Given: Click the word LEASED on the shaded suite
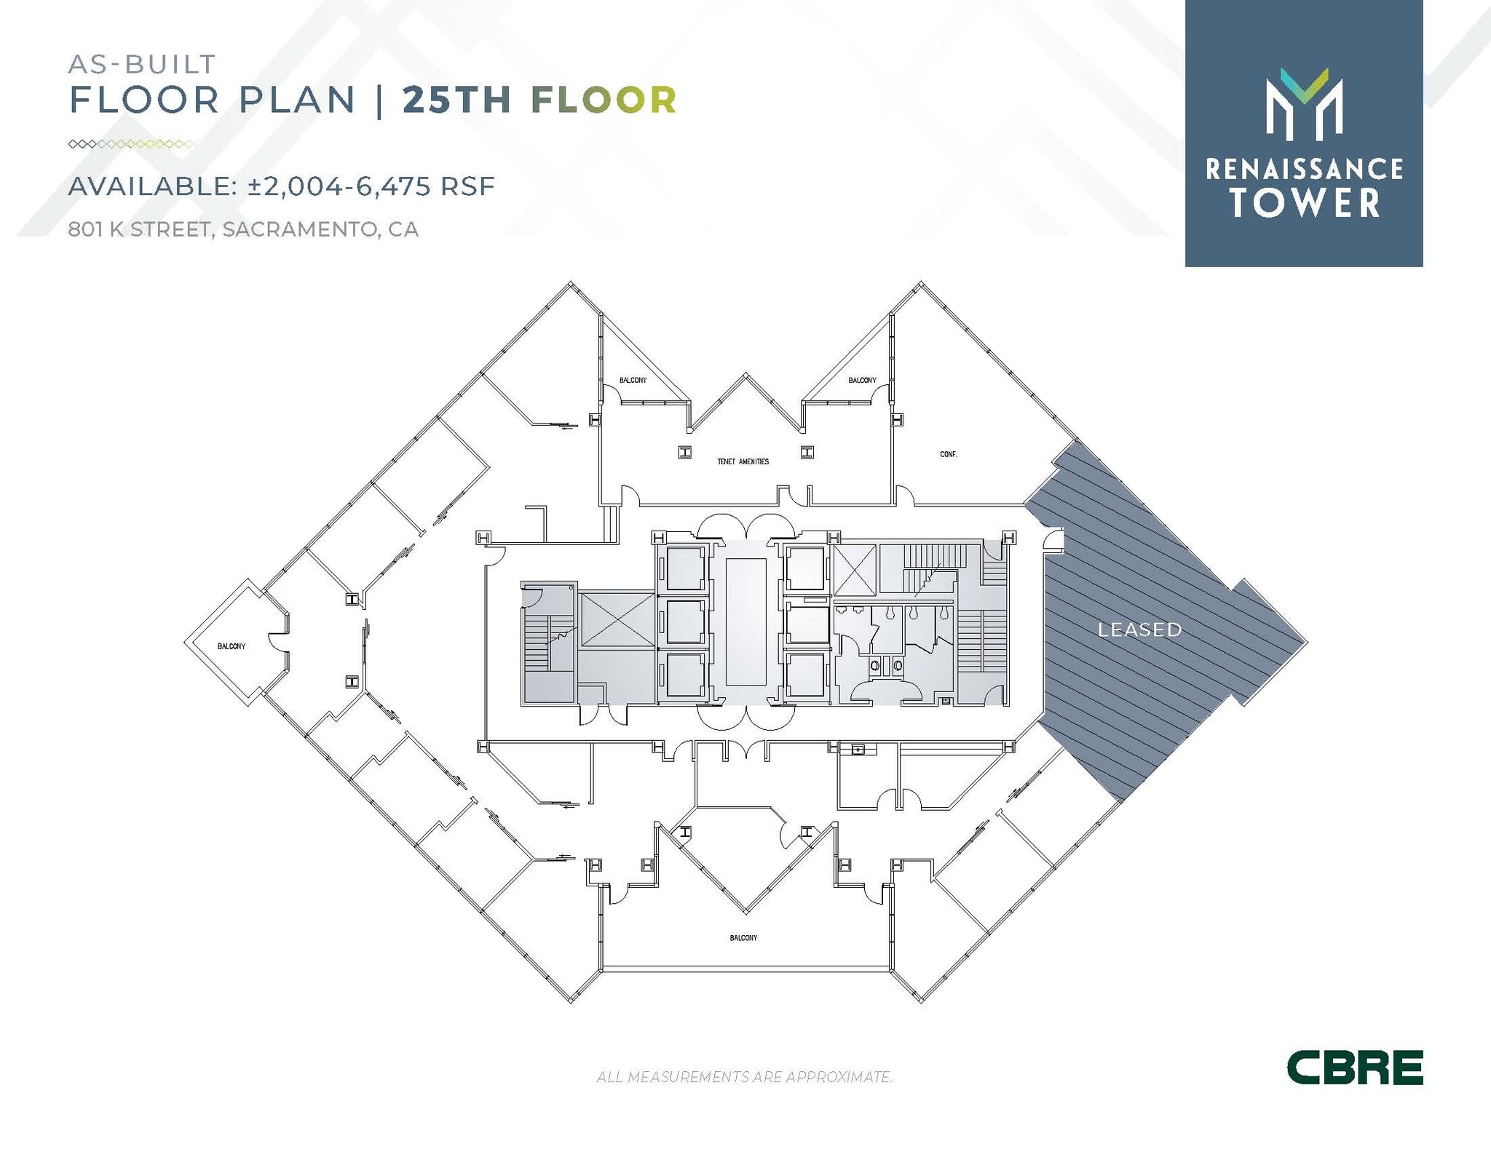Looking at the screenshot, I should click(1139, 629).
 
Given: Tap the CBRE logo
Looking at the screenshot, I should click(1354, 1067).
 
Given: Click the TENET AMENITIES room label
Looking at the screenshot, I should click(743, 461).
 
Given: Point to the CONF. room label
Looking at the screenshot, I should click(948, 454).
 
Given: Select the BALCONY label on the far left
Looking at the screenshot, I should click(232, 646).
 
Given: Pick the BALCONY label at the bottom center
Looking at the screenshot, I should click(743, 938).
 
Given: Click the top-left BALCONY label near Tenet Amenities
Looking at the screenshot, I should click(633, 381).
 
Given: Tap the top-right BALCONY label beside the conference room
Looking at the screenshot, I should click(862, 381).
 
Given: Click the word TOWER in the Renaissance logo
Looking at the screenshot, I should click(1305, 203).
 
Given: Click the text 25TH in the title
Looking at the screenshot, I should click(457, 100).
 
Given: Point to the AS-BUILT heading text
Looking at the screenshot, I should click(142, 64).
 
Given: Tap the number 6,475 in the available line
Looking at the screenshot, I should click(392, 186).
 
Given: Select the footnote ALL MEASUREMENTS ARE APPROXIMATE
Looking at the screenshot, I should click(744, 1076).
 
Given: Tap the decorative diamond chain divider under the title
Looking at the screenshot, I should click(131, 144).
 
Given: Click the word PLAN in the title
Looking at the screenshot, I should click(297, 100).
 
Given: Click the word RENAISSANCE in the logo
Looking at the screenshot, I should click(1305, 170).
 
